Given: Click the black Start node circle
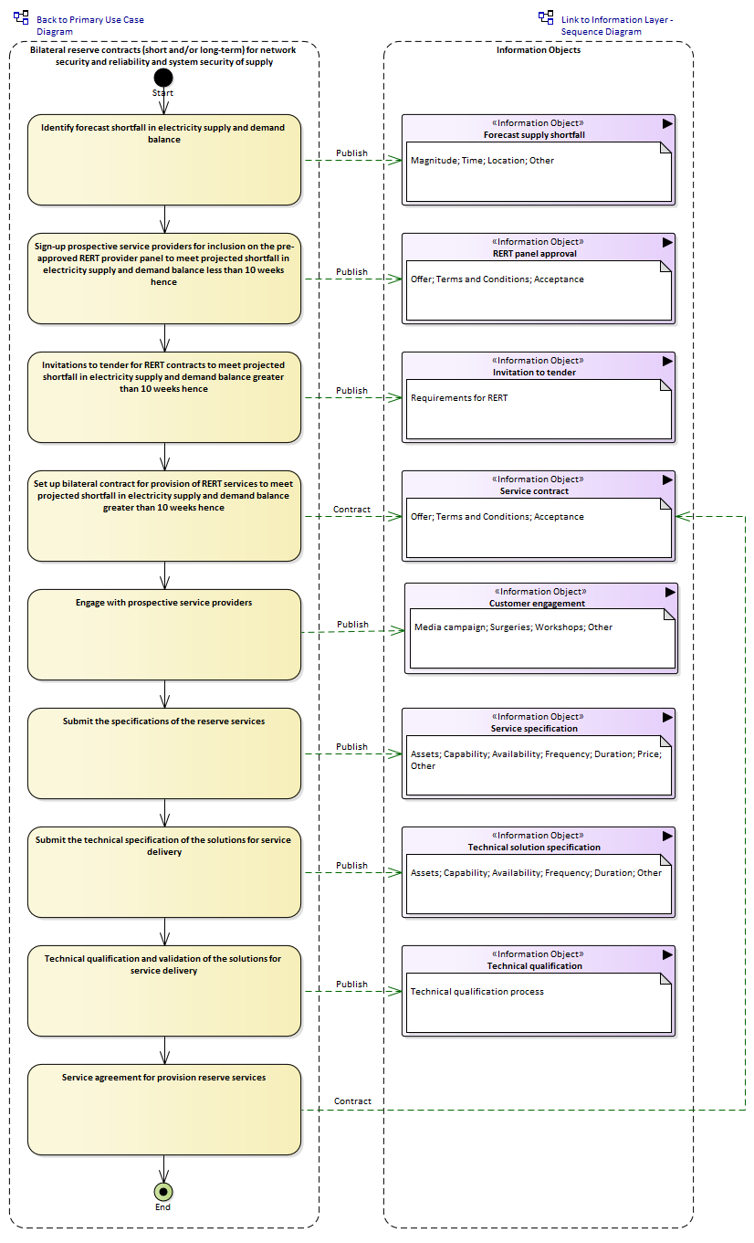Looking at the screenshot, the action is (163, 78).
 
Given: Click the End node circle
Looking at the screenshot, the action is (163, 1191).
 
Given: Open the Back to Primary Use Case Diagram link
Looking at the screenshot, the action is (89, 26).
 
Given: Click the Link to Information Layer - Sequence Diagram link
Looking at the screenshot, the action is (617, 26).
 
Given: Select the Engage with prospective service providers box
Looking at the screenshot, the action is (164, 634).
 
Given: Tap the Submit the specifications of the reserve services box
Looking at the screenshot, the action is (164, 753).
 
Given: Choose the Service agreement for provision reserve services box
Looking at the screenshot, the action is (164, 1110).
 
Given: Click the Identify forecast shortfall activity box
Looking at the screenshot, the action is (164, 160).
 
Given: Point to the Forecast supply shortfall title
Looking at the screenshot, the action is (534, 135).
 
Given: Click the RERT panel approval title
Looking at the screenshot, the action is (534, 254).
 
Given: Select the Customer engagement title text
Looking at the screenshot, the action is (537, 603).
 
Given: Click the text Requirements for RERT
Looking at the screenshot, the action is (459, 398).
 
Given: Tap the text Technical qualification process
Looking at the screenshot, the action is (477, 992).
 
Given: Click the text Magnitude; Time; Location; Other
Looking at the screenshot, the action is (482, 161).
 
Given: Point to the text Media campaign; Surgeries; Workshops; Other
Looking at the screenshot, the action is (513, 627).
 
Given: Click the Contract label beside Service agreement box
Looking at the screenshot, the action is (352, 1101).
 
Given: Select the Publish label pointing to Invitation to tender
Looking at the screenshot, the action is (351, 391).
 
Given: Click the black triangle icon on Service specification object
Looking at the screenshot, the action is (667, 718).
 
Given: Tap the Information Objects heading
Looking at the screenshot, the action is (539, 50).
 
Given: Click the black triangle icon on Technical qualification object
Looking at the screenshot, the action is (667, 955).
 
